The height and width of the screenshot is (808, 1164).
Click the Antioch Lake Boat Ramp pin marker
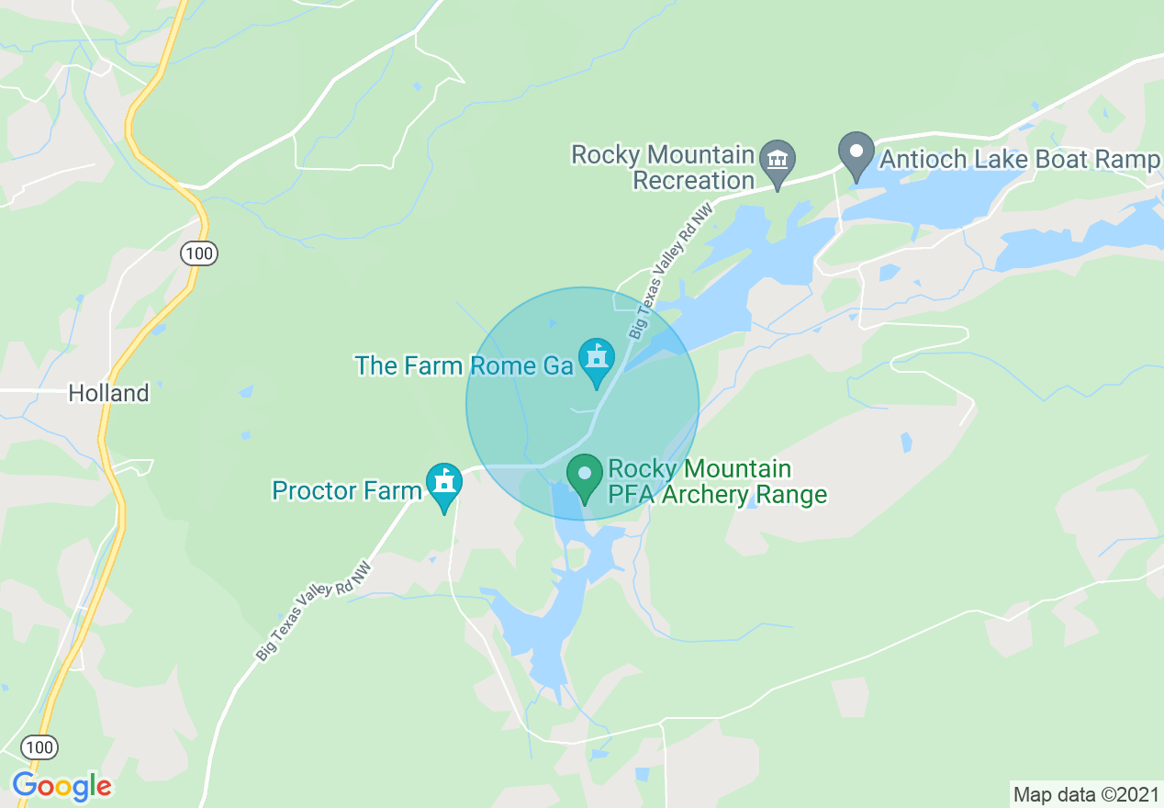click(x=857, y=155)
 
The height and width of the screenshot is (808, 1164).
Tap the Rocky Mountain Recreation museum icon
click(x=778, y=163)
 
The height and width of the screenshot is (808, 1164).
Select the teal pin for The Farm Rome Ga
click(x=597, y=360)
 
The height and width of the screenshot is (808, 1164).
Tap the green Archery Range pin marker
click(x=584, y=477)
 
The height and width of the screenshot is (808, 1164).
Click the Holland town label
click(x=108, y=394)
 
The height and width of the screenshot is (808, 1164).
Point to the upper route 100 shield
click(x=199, y=253)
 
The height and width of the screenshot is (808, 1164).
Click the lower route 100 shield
click(x=40, y=746)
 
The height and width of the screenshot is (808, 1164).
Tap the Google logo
click(x=62, y=786)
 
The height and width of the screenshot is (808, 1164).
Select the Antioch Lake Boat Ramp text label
click(x=1019, y=160)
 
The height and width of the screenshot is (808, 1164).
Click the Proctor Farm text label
click(x=346, y=490)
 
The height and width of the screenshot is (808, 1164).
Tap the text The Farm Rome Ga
click(x=464, y=365)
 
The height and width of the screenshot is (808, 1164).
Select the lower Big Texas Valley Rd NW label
click(x=316, y=610)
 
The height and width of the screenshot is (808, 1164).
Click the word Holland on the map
click(x=108, y=394)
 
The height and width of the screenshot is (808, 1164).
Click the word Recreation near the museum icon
click(x=694, y=180)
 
